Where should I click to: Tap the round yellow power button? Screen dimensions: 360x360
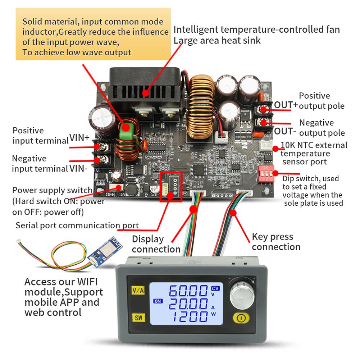[x=241, y=318]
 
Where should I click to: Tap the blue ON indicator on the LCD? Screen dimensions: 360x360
[x=158, y=301]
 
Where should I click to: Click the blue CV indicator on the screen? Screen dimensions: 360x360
[x=215, y=288]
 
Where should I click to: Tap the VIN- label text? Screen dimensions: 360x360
[x=78, y=167]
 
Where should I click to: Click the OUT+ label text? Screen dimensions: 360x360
[x=286, y=105]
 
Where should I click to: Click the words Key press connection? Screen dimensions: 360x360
[x=276, y=242]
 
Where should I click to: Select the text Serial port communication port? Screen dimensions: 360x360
[x=77, y=226]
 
